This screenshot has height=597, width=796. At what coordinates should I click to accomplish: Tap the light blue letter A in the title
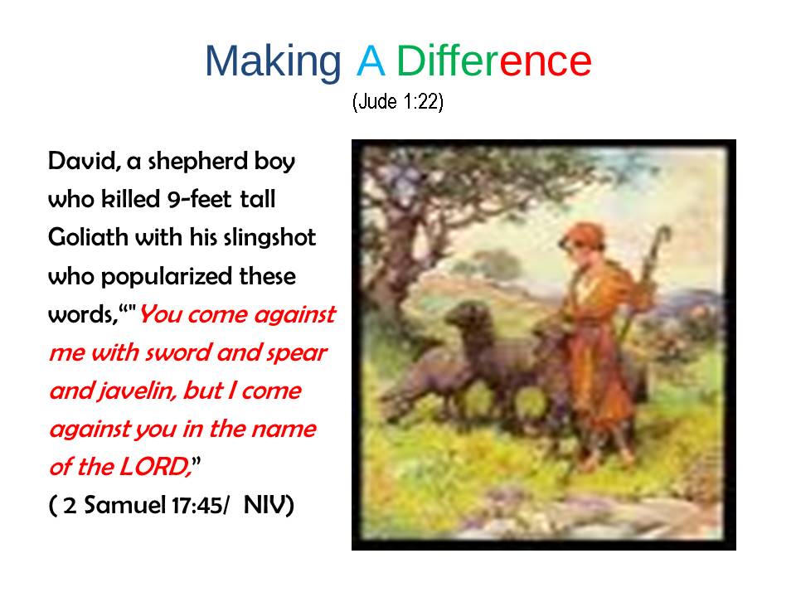click(x=371, y=61)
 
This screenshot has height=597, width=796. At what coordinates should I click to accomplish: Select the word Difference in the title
click(x=493, y=61)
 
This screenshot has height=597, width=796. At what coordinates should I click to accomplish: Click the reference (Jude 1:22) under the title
click(x=398, y=101)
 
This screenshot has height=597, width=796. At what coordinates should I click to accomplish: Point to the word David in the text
click(x=84, y=162)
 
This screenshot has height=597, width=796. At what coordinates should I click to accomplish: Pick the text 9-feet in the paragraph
click(x=200, y=198)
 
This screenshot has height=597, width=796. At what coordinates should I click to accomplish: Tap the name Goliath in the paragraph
click(x=88, y=237)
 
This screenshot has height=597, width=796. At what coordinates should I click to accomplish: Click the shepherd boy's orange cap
click(x=583, y=235)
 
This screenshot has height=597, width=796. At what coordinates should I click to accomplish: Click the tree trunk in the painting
click(x=391, y=264)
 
